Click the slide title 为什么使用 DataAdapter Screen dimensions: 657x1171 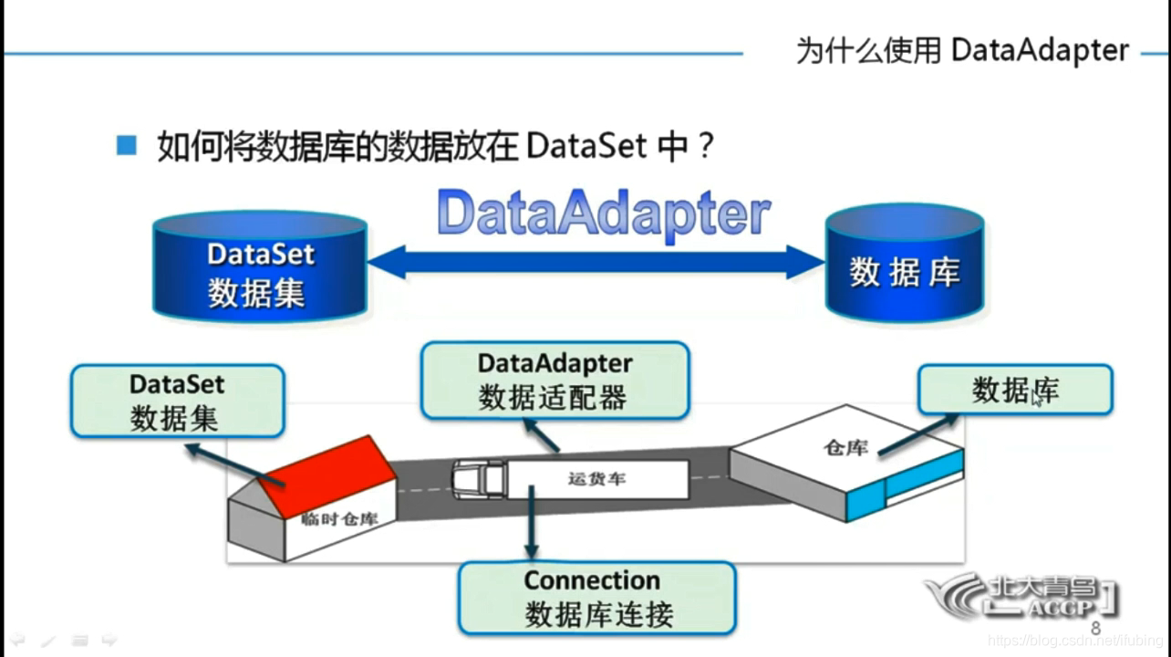point(962,50)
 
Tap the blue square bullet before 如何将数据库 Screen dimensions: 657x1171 point(127,145)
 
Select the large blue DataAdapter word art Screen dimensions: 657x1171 point(604,215)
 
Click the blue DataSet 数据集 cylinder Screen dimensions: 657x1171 point(260,269)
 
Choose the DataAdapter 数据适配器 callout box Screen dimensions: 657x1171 point(554,381)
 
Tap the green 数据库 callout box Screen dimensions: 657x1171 point(1014,391)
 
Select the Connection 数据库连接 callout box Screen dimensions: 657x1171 point(596,598)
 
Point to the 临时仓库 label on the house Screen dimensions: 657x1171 point(338,519)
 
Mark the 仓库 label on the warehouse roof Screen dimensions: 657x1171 point(845,447)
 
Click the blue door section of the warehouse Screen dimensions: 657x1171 point(923,477)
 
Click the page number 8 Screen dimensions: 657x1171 point(1095,629)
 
